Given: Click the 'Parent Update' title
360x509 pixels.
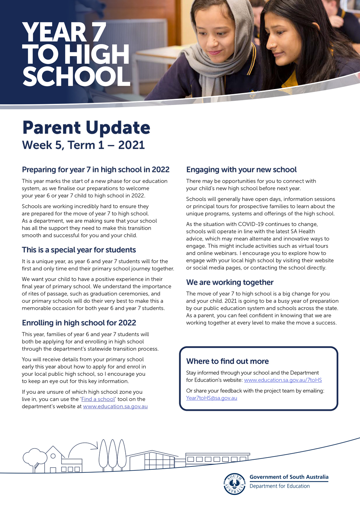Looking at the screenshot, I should point(86,128).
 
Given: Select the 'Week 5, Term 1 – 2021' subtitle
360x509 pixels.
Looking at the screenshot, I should point(83,145).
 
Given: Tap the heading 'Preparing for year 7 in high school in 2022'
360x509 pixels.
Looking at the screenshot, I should point(95,169).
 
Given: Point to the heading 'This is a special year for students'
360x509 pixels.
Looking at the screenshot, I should point(79,250).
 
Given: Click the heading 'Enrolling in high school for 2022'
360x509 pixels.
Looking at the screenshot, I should point(79,323).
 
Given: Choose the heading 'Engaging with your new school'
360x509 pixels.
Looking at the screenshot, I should point(241,169).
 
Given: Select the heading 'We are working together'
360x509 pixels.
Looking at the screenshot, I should point(230,282).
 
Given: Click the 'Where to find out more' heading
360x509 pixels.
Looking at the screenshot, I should point(227,361).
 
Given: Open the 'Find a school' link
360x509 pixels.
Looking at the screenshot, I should point(98,399).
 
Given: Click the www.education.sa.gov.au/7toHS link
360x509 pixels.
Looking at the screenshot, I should point(283,380).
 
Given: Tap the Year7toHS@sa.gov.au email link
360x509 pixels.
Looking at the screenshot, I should point(211,398).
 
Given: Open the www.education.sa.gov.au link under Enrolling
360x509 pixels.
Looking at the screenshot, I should point(115,406).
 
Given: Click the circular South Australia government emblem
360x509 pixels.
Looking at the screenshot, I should point(234,484).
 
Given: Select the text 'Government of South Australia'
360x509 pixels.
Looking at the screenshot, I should point(289,477).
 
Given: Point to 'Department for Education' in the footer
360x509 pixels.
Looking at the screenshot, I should point(279,486).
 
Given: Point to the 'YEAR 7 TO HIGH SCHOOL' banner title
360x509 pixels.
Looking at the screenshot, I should point(76,54).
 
